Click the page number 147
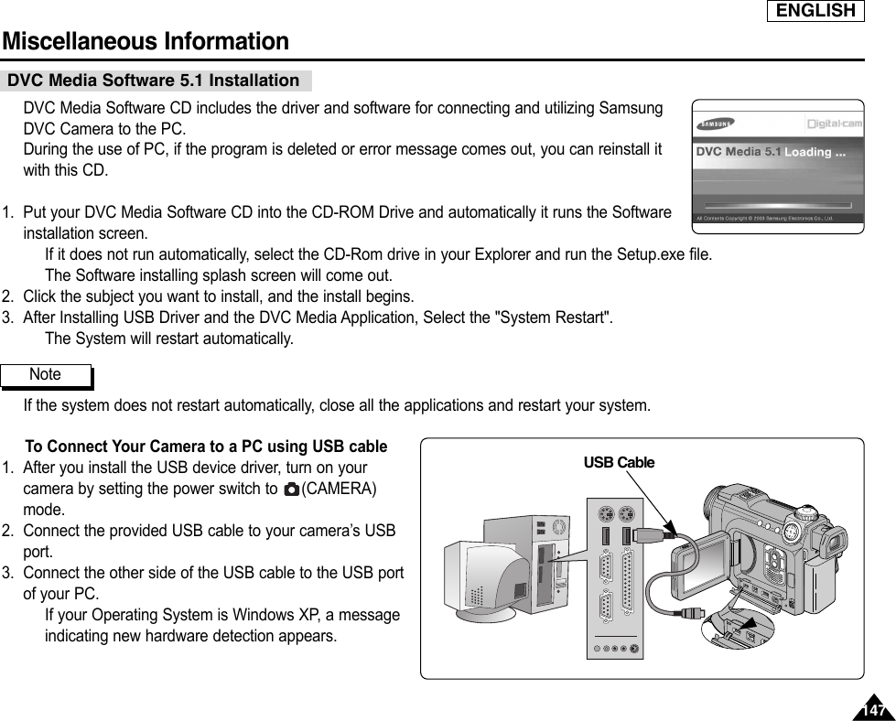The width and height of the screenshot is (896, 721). [874, 710]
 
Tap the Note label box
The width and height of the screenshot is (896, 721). [46, 375]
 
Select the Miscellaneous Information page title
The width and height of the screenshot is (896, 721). [146, 42]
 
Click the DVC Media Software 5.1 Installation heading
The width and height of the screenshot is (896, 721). [154, 81]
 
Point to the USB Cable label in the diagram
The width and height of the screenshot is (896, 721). [619, 463]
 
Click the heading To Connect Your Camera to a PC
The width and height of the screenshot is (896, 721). [206, 447]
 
